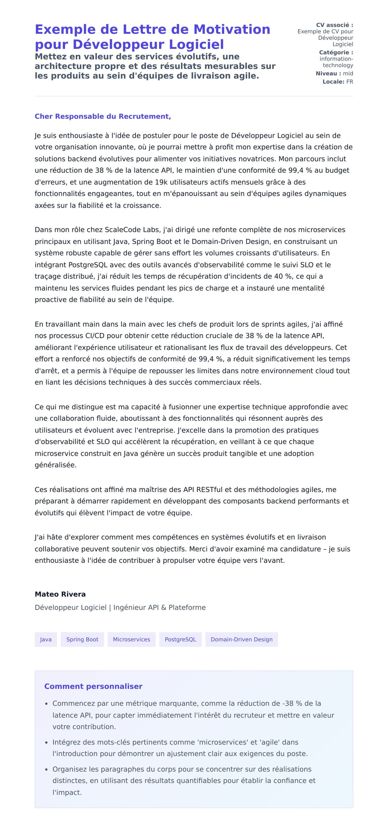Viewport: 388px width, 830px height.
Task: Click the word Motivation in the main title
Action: pos(232,29)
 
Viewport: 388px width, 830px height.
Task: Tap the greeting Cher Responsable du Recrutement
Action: pos(103,116)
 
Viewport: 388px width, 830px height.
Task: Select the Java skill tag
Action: pos(46,639)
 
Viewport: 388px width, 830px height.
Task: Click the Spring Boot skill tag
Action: pos(82,639)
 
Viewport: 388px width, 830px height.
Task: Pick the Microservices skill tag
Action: pos(131,639)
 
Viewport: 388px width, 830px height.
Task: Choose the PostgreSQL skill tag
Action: pos(180,639)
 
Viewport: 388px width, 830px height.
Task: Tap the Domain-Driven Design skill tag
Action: pos(242,639)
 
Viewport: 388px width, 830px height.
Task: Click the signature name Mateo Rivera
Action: pos(60,594)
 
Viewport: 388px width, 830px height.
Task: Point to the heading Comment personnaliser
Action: pos(93,686)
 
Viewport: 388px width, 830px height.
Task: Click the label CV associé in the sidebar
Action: pos(334,25)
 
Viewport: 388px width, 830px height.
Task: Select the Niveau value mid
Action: pos(348,73)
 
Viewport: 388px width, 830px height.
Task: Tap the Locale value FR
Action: pos(350,82)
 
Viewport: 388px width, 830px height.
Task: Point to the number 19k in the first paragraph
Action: pos(161,182)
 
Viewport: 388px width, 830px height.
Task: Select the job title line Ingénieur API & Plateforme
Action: pos(159,607)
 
